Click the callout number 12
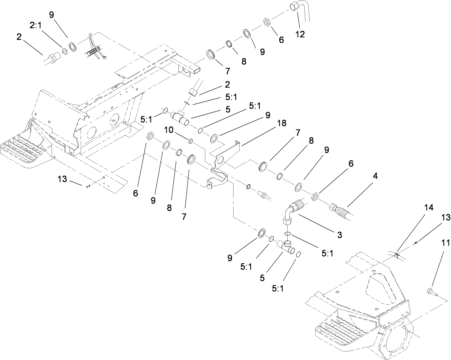pyautogui.click(x=300, y=34)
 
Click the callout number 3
pyautogui.click(x=339, y=235)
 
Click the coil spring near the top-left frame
pyautogui.click(x=95, y=53)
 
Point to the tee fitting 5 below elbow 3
pyautogui.click(x=286, y=247)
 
